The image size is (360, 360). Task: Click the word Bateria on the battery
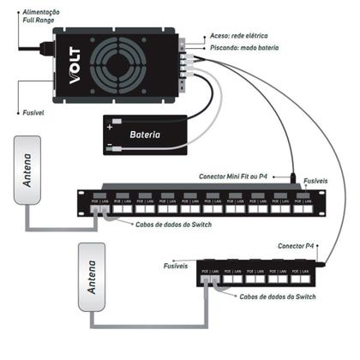pyautogui.click(x=147, y=135)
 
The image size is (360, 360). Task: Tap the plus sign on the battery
pyautogui.click(x=109, y=125)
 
